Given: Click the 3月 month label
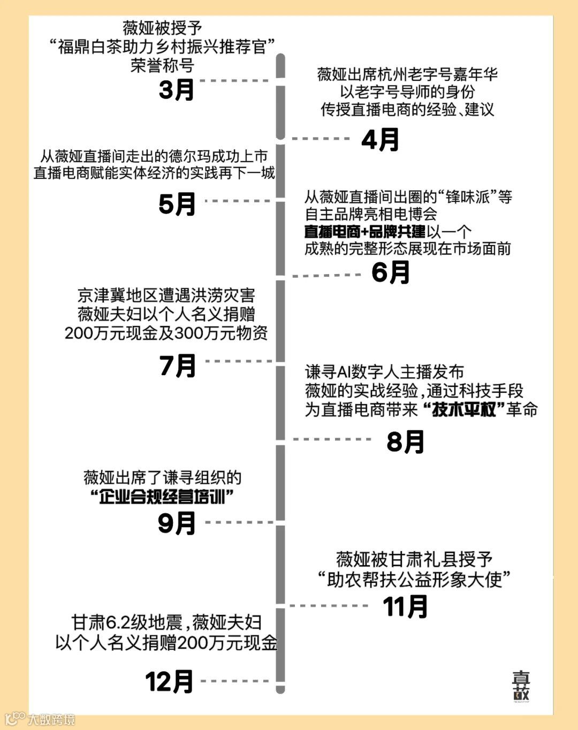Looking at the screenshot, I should pyautogui.click(x=177, y=90).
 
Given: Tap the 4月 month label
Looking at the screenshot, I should pyautogui.click(x=380, y=140).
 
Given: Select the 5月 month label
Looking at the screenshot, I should pyautogui.click(x=177, y=204).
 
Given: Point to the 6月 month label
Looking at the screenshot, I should pyautogui.click(x=391, y=272).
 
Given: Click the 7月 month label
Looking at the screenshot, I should pyautogui.click(x=178, y=366).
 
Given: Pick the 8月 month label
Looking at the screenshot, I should pyautogui.click(x=405, y=442).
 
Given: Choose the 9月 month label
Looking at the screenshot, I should pyautogui.click(x=177, y=523).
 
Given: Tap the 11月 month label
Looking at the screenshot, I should pyautogui.click(x=405, y=607).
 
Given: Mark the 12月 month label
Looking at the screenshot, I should pyautogui.click(x=169, y=682).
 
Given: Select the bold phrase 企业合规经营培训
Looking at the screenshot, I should pyautogui.click(x=162, y=497).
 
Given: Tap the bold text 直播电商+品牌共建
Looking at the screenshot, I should pyautogui.click(x=365, y=231).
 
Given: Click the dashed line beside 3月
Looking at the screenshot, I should pyautogui.click(x=237, y=81).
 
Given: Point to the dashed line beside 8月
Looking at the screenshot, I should pyautogui.click(x=332, y=439).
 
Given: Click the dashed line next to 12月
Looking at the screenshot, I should pyautogui.click(x=235, y=681).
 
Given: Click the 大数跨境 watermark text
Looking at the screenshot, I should pyautogui.click(x=51, y=720).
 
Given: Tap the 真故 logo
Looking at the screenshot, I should pyautogui.click(x=521, y=686).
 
